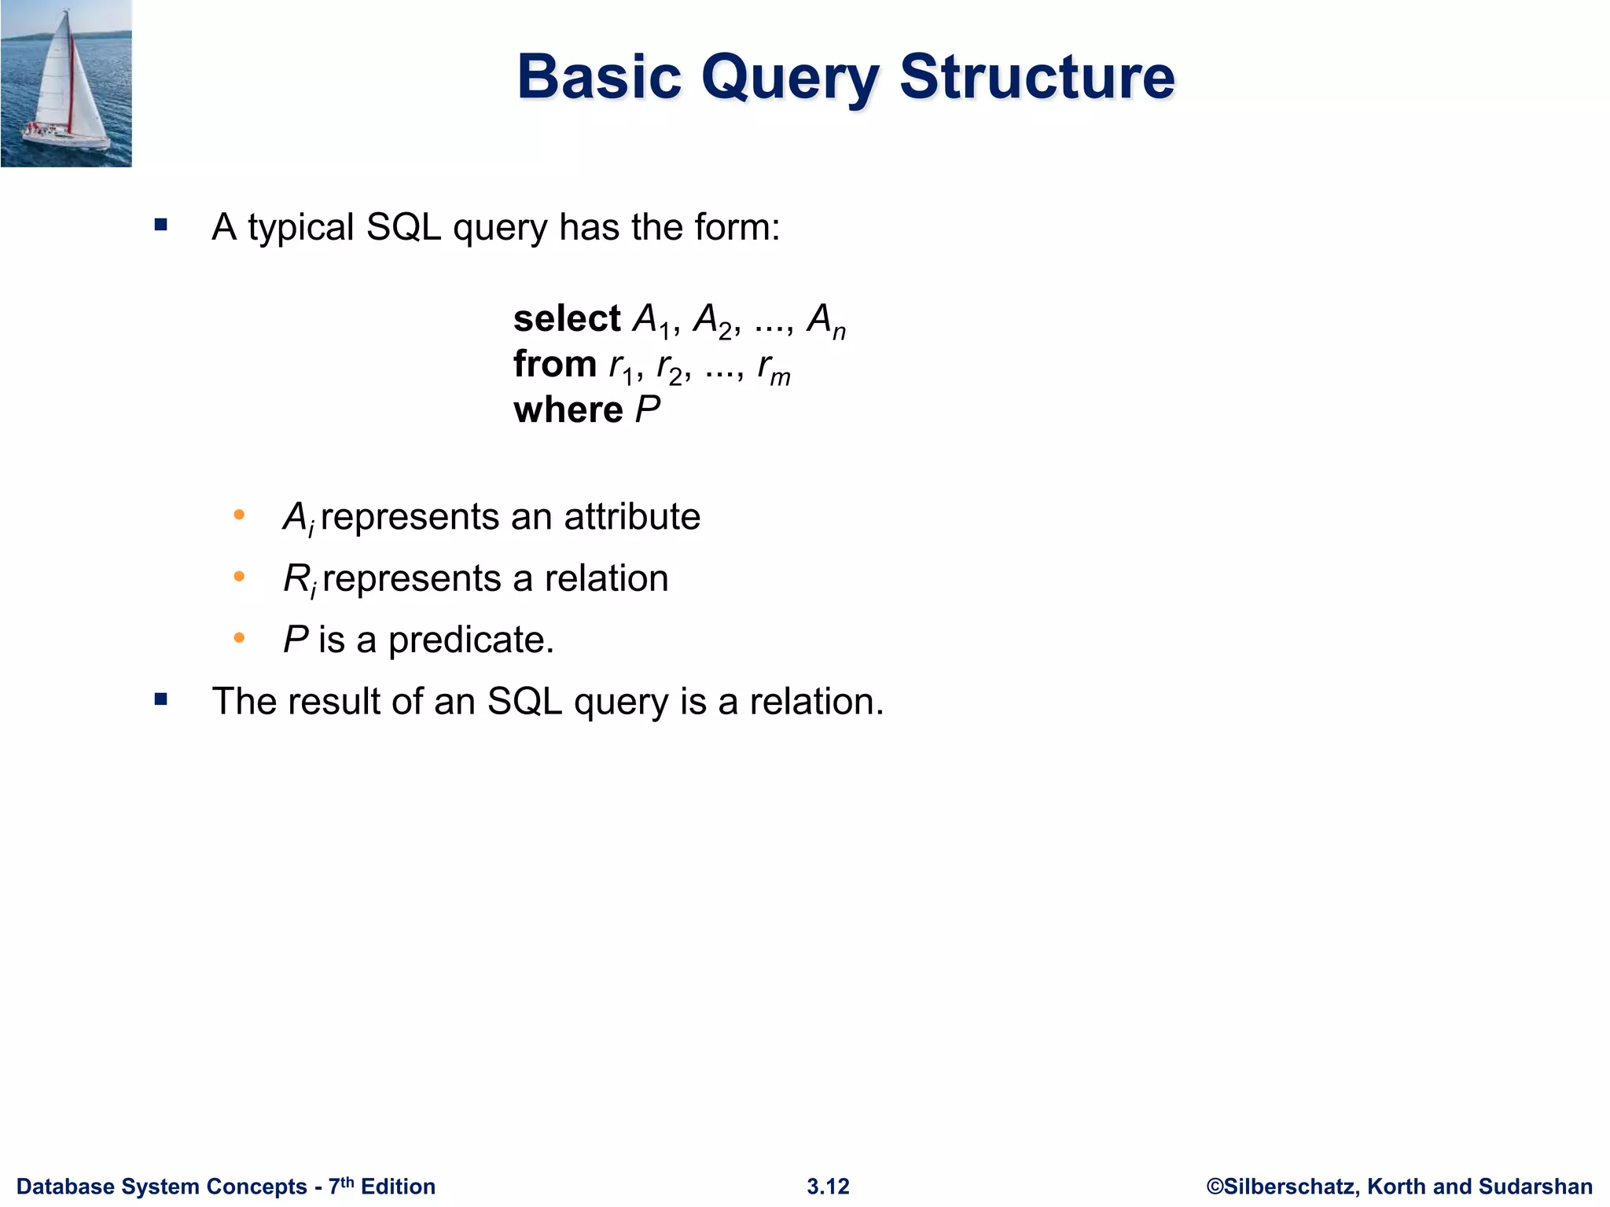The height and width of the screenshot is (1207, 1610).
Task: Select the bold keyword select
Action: [x=567, y=319]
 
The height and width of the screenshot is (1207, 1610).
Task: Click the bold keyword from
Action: [x=555, y=365]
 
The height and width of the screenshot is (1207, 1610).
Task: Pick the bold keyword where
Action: [x=568, y=410]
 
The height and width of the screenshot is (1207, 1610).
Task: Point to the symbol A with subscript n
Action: [x=826, y=321]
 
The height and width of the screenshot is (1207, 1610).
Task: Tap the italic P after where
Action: [x=648, y=410]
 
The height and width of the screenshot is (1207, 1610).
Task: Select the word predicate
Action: [x=471, y=640]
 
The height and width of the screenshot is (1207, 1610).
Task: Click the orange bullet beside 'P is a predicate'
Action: [x=239, y=638]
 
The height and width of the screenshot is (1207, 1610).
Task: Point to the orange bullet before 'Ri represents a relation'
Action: [x=239, y=577]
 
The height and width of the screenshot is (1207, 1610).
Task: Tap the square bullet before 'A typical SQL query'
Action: [x=161, y=226]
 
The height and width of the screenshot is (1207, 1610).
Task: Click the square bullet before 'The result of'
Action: [x=161, y=699]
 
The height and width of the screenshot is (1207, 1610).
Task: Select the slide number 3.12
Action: [x=828, y=1187]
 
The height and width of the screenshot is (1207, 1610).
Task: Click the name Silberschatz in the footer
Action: [x=1290, y=1187]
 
